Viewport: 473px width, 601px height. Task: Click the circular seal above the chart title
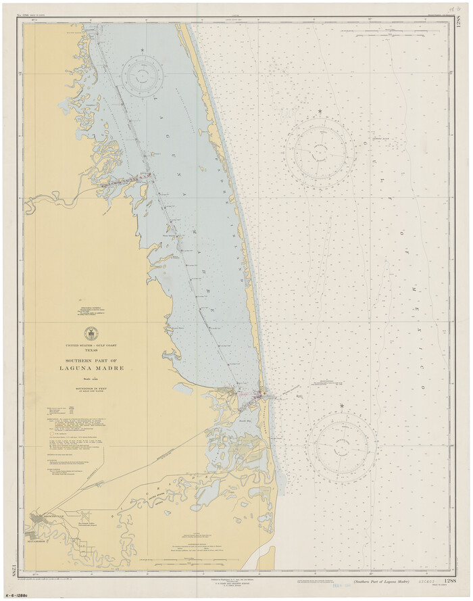click(90, 333)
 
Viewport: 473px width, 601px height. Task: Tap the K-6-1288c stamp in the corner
click(20, 594)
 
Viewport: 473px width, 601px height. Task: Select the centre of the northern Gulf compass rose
click(319, 150)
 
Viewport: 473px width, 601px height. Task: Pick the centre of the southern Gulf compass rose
click(342, 446)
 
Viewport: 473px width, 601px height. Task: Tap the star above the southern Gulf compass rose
click(342, 406)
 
